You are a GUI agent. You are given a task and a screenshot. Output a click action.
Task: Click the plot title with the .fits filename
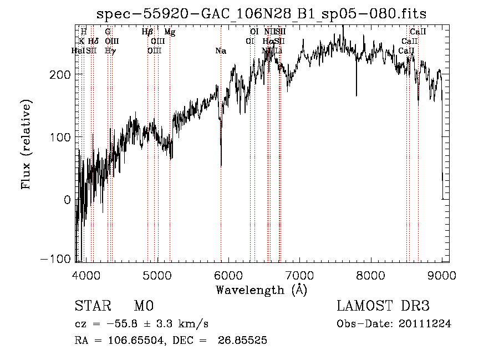[262, 13]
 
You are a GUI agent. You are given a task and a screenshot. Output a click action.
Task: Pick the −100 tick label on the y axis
[57, 259]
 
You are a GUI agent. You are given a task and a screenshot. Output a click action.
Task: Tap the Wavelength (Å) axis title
[261, 290]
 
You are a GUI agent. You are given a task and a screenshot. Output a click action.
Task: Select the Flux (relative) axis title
[26, 144]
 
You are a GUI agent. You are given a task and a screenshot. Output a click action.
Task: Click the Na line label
[221, 51]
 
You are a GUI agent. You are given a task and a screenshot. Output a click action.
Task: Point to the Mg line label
[170, 33]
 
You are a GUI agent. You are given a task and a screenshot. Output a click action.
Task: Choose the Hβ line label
[147, 33]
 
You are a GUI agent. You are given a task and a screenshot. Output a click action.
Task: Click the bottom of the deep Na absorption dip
[221, 165]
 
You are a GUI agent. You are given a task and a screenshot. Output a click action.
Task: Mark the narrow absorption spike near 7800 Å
[356, 94]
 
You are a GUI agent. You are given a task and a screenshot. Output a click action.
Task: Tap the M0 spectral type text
[143, 306]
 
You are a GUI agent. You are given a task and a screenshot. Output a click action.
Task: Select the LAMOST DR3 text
[383, 306]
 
